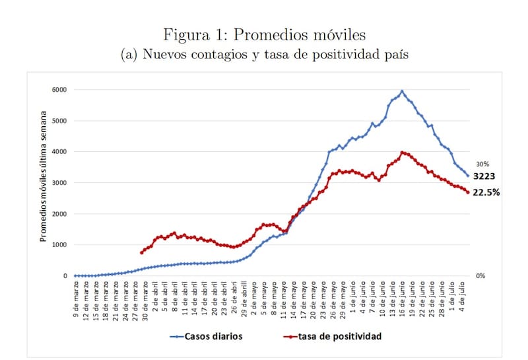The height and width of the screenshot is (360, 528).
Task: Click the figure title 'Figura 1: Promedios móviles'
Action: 264,33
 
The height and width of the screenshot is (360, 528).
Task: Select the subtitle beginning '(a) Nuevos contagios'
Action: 264,55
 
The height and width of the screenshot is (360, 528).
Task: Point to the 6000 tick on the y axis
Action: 59,90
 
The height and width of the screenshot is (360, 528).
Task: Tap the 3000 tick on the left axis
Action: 59,183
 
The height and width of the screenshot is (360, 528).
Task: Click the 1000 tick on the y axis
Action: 59,245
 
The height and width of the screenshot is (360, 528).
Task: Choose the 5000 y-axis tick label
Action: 59,121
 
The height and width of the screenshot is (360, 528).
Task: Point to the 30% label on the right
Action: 482,164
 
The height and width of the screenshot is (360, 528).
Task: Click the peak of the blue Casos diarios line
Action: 402,91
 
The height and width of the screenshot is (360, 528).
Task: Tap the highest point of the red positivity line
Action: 403,153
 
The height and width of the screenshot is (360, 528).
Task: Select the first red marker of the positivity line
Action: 142,252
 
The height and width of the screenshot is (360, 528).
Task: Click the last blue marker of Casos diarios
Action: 468,176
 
